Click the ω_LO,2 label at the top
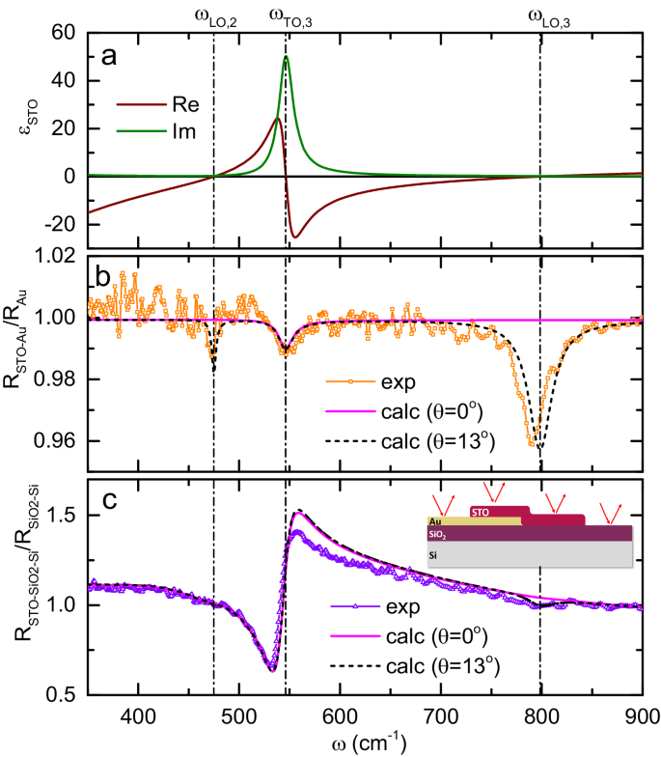213,15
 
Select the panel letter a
110,56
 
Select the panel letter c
110,499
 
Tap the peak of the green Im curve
286,57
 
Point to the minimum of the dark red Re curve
295,237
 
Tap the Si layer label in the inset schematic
431,556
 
